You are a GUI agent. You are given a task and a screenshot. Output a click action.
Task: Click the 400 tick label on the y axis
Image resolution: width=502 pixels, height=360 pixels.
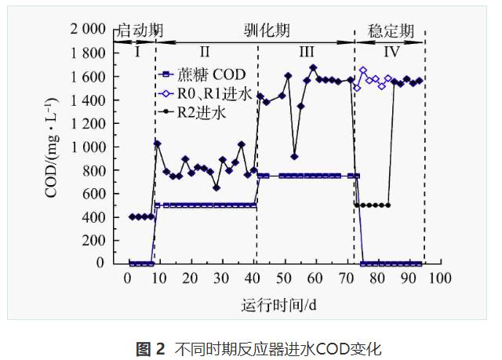[x=95, y=216]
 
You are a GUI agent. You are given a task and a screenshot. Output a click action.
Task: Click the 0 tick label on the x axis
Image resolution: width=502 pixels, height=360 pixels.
[x=127, y=278]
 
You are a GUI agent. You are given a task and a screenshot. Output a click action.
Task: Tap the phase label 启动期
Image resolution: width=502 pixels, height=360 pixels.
[x=140, y=31]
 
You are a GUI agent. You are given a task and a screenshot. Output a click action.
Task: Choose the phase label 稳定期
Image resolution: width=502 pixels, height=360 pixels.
[x=391, y=31]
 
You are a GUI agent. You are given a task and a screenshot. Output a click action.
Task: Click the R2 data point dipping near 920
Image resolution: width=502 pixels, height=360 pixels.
[x=294, y=156]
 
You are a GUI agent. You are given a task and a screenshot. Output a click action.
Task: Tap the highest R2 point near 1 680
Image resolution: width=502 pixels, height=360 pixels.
[x=313, y=67]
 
